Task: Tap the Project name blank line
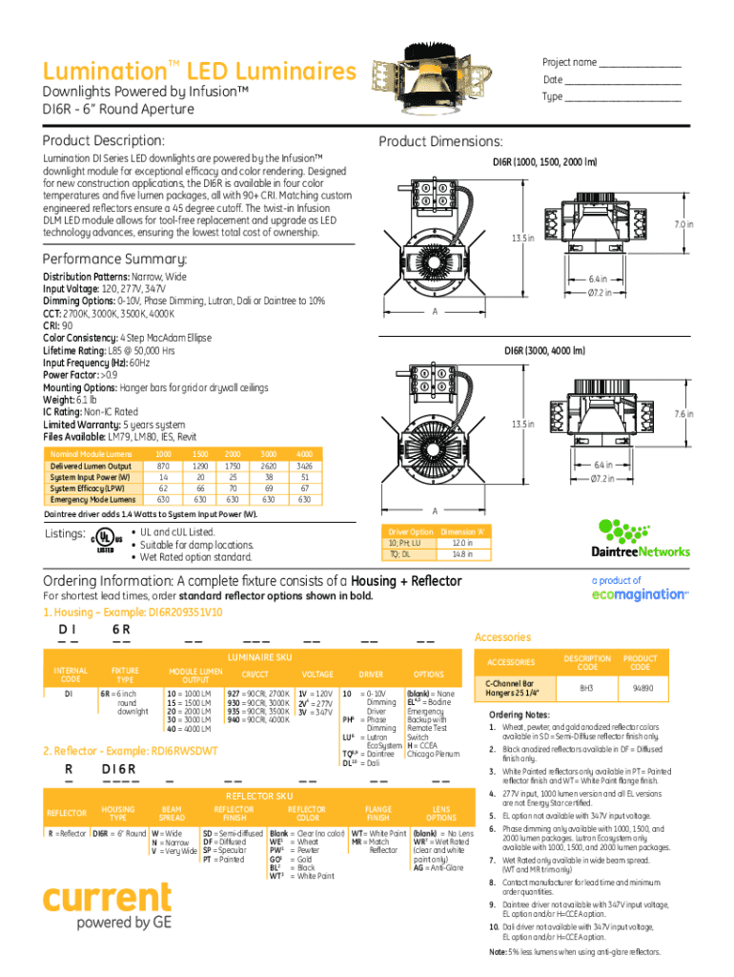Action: (x=640, y=63)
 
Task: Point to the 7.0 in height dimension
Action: (x=683, y=224)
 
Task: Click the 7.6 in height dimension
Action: (x=683, y=414)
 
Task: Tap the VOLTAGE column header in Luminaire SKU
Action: (x=317, y=674)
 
